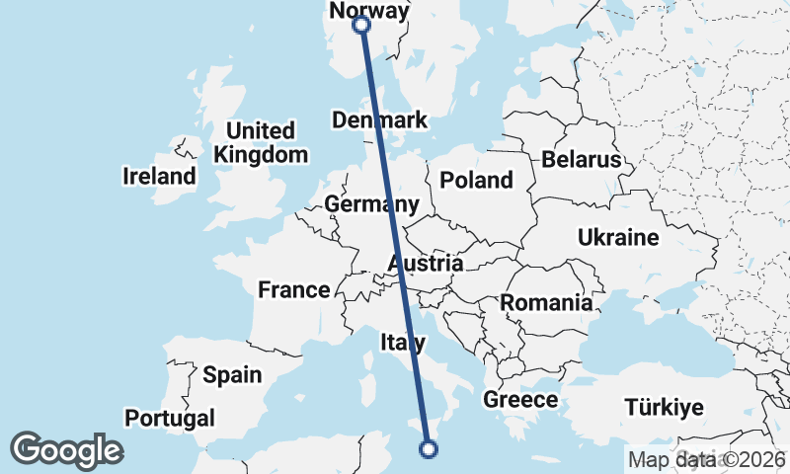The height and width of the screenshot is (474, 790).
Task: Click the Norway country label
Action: point(368,11)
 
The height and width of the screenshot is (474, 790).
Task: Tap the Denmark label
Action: point(380,120)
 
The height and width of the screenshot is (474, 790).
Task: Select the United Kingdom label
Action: point(261,143)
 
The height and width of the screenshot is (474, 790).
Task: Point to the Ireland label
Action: point(159,177)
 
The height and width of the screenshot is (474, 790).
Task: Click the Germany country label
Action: point(371,205)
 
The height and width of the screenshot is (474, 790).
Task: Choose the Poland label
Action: point(477,180)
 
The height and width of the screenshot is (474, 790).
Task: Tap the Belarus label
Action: point(581,160)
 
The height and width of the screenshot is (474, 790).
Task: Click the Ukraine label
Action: point(617,238)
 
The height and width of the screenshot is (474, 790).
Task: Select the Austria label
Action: point(426,264)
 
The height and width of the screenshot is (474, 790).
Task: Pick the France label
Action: point(293,289)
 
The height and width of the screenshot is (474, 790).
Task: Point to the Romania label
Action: point(547,303)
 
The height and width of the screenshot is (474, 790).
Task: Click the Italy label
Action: point(403,343)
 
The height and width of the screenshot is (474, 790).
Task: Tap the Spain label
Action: point(232,375)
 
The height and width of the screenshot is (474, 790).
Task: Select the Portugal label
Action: point(170,418)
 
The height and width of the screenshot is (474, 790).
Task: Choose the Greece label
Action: point(520,400)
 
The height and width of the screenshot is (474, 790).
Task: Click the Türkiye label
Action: point(664,407)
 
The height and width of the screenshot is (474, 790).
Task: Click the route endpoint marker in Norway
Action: point(361,25)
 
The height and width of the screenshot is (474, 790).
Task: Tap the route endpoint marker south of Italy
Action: point(429,449)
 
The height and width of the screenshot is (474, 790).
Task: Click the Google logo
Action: point(66,450)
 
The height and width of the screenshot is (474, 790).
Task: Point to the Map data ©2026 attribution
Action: point(706,459)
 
